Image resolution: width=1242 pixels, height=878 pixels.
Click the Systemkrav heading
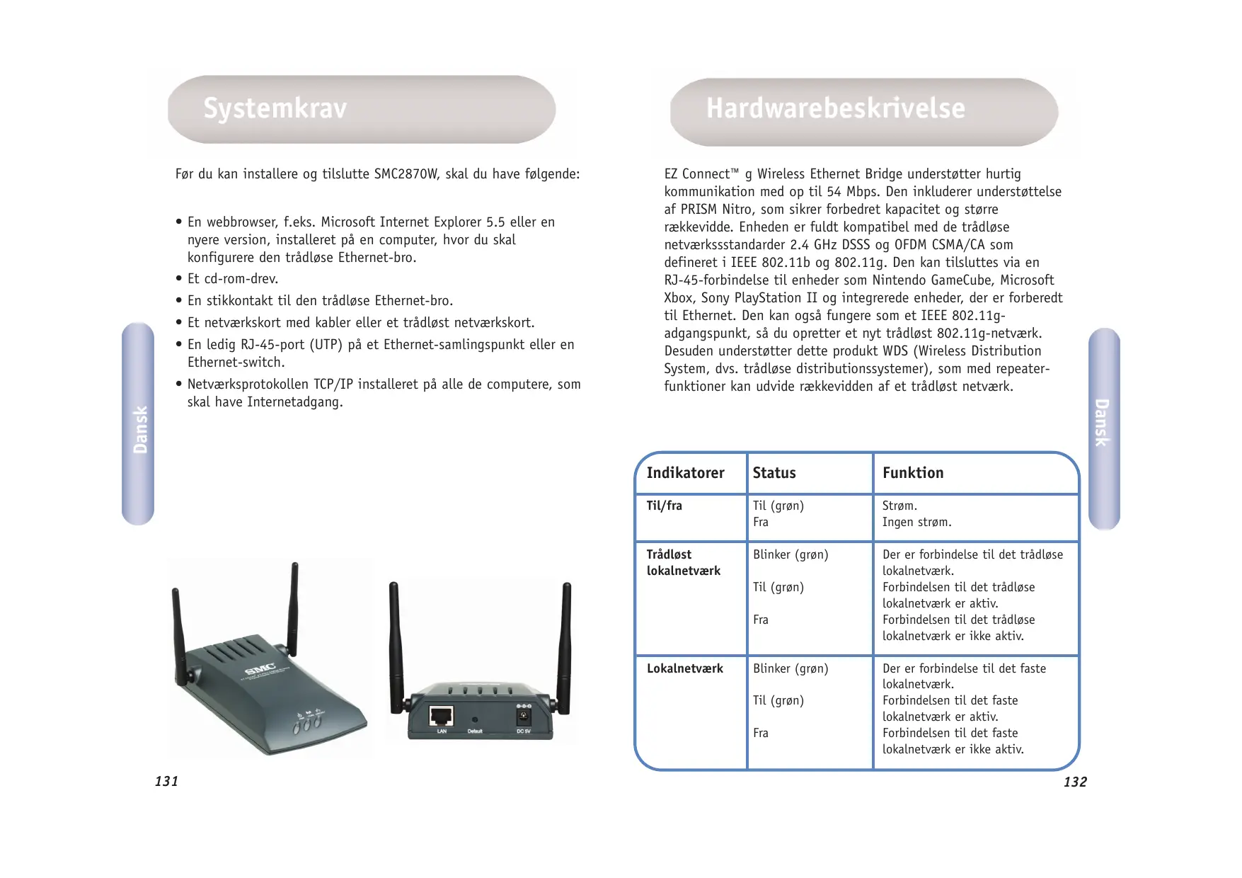tap(275, 109)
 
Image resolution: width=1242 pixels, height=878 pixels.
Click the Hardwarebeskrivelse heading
tap(835, 109)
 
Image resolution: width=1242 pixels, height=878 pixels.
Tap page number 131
tap(167, 781)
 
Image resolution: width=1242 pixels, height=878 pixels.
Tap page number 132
tap(1075, 782)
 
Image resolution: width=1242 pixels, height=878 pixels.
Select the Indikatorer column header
tap(685, 473)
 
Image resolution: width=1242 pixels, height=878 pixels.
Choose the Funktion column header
tap(913, 473)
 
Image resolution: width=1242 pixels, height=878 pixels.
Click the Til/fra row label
tap(664, 506)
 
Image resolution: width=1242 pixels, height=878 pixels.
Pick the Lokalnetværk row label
tap(684, 668)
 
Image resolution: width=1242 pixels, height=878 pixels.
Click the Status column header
tap(774, 473)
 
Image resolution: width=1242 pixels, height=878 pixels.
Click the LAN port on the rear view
tap(442, 716)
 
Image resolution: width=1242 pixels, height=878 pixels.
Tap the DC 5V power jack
tap(524, 717)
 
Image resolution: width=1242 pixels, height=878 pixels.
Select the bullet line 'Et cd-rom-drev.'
tap(233, 279)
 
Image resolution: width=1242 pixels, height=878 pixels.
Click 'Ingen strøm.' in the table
tap(916, 523)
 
